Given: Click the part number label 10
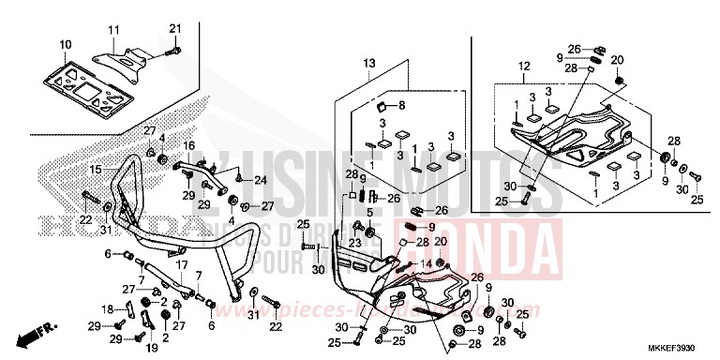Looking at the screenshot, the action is coord(66,45).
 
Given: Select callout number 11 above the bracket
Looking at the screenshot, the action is coord(113,30).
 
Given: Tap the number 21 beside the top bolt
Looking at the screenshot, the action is coord(174,24).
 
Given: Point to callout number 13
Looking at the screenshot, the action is coord(369,63).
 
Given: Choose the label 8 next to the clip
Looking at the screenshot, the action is coord(401,105).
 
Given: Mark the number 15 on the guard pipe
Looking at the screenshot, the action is coord(96,169).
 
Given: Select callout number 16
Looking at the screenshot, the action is coord(187,146).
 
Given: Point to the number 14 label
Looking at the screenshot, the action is coord(427,265).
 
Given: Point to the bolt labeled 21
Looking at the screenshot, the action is coord(175,47).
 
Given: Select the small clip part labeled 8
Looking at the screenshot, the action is coord(383,103).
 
